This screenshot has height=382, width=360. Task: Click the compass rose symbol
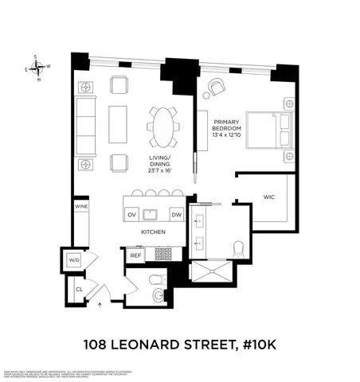click(x=37, y=67)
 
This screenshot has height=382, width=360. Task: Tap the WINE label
click(x=81, y=206)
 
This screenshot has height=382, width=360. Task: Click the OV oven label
click(x=132, y=215)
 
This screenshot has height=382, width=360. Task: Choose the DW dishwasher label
click(x=177, y=215)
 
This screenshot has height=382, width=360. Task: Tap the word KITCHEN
click(x=154, y=232)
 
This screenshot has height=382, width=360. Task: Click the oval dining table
click(x=162, y=127)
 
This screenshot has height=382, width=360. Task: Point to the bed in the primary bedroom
click(x=267, y=130)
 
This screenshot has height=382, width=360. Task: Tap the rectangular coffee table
click(x=118, y=125)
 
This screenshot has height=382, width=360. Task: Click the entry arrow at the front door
click(x=100, y=303)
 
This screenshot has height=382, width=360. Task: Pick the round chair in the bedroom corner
click(x=217, y=87)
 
